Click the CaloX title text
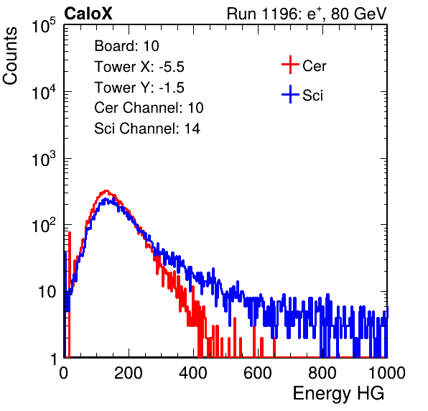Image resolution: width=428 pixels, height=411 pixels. coord(88,14)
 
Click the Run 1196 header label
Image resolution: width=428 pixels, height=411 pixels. coord(307,14)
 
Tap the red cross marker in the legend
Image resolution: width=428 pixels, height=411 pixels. coord(290,65)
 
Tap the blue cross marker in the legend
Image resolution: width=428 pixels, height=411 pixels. coord(290,95)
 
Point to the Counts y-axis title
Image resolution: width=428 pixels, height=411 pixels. coord(10,56)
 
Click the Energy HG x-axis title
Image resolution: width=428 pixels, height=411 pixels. coord(338,394)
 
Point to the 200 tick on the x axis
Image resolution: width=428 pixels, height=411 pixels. coord(129,373)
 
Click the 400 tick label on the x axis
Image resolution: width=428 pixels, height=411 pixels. coord(193,373)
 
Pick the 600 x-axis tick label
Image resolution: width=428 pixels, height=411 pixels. coord(258,373)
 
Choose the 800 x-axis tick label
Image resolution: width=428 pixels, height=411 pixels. coord(322,373)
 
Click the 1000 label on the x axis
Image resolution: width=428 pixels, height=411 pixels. coord(386,373)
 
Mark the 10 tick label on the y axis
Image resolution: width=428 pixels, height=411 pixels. coord(47,292)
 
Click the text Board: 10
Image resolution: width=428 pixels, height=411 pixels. coord(126,46)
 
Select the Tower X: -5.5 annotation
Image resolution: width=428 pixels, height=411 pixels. coord(139,67)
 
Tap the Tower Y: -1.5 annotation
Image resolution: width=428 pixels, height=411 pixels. coord(139,88)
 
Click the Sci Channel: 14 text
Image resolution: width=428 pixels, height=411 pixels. coord(147,129)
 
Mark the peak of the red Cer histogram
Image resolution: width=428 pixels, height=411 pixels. coord(106,191)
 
